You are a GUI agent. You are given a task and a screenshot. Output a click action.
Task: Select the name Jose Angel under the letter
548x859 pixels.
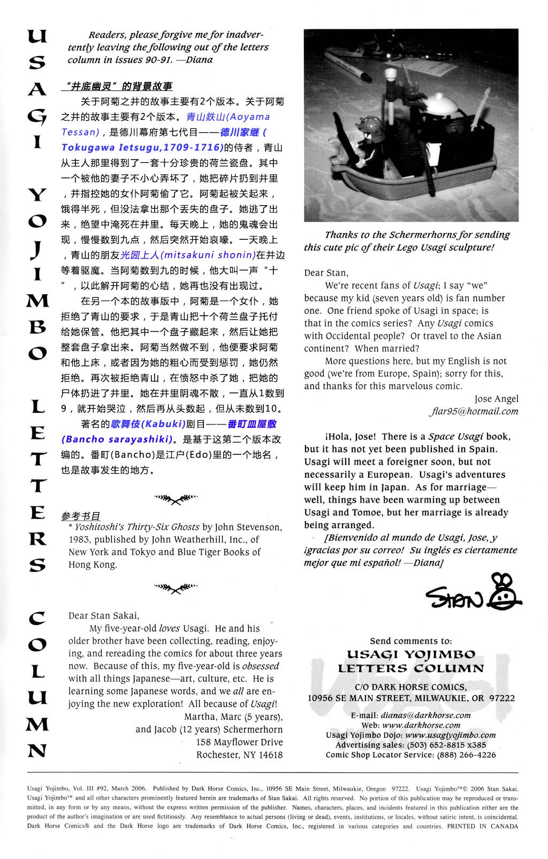click(496, 399)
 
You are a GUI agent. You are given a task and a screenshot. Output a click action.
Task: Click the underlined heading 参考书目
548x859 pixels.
click(81, 516)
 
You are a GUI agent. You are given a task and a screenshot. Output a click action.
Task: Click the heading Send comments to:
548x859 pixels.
click(410, 641)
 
